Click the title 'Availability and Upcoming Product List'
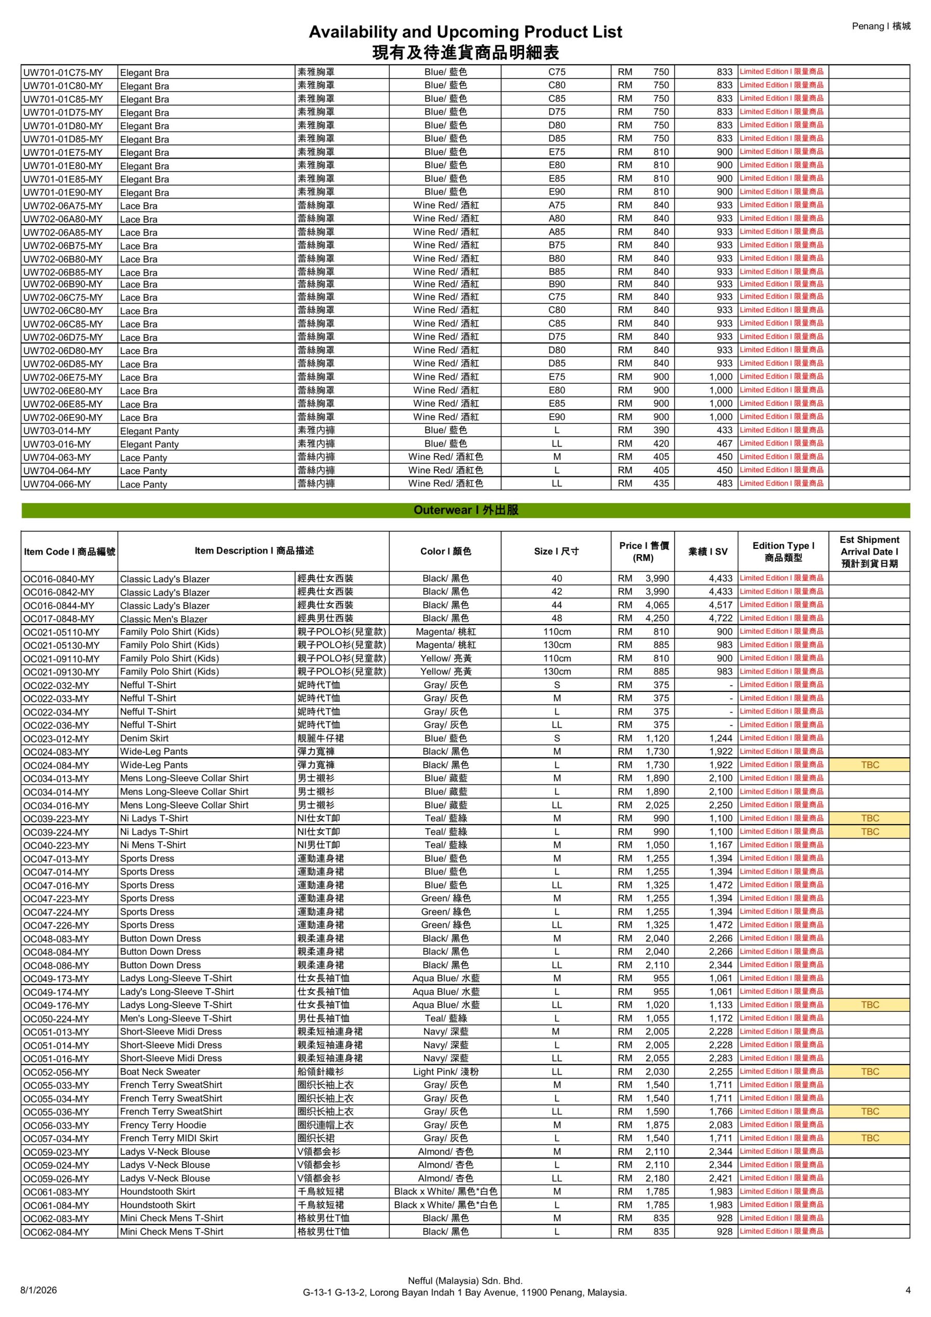click(x=464, y=31)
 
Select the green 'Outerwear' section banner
click(x=465, y=510)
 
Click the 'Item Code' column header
click(x=69, y=551)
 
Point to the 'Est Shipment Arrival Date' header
click(x=869, y=551)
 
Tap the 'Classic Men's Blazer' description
click(x=164, y=619)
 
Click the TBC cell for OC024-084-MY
click(x=870, y=764)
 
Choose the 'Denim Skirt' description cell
click(x=145, y=738)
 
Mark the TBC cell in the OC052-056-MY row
click(x=870, y=1072)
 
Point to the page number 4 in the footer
click(x=908, y=1290)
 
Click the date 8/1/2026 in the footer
click(x=39, y=1290)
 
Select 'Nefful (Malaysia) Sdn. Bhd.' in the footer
click(x=464, y=1280)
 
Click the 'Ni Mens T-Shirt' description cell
click(x=153, y=845)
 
